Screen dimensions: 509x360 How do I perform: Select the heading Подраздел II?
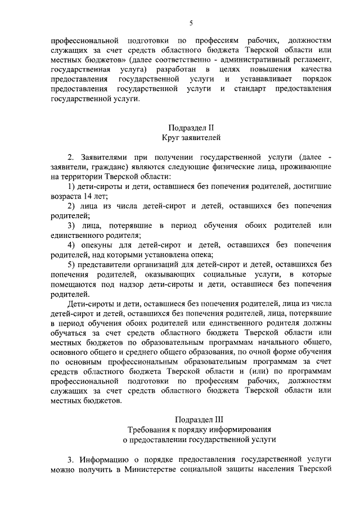[191, 128]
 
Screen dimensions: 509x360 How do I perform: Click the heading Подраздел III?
[191, 420]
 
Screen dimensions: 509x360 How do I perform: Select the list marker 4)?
[71, 245]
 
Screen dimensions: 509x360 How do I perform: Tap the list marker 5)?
[71, 265]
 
